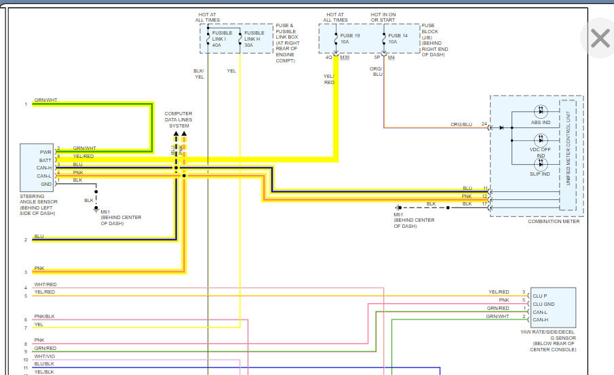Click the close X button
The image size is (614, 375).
(600, 38)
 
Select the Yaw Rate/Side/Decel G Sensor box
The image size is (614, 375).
(553, 307)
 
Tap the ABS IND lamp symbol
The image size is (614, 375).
(541, 111)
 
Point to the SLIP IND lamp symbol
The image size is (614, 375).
(541, 165)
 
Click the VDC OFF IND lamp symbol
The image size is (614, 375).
(541, 138)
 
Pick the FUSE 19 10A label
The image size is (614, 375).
(349, 38)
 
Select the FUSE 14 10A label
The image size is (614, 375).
(398, 38)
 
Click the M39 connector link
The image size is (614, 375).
(345, 58)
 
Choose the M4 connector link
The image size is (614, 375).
(391, 58)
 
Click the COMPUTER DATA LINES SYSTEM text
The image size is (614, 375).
(179, 119)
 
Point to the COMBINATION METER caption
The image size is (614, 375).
(554, 222)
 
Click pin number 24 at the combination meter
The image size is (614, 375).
(484, 124)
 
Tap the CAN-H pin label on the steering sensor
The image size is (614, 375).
(45, 167)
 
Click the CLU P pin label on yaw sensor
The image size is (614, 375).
(540, 296)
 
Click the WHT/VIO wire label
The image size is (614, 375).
(45, 356)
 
